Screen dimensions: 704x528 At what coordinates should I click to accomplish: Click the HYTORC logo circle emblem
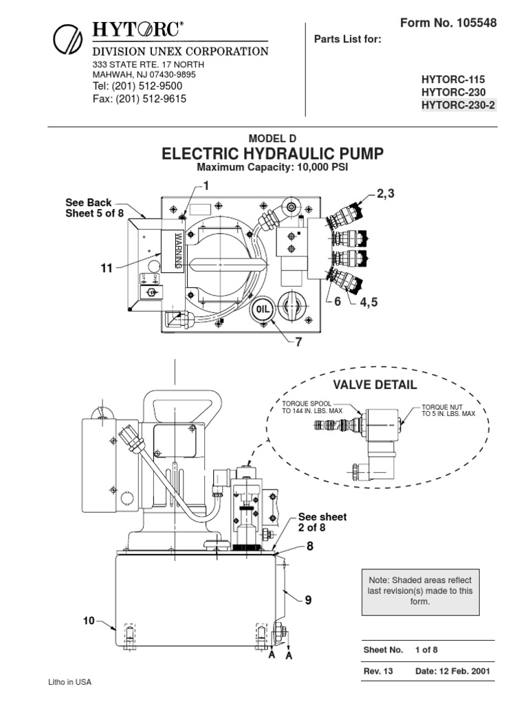[x=67, y=39]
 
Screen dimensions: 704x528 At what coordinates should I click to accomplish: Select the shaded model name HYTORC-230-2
[x=458, y=105]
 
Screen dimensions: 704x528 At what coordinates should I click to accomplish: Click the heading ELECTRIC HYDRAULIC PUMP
[x=273, y=153]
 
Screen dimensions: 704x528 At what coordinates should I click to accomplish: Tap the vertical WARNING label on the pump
[x=177, y=251]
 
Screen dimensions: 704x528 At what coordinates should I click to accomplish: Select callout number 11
[x=107, y=268]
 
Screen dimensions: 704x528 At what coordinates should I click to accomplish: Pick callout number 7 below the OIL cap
[x=298, y=342]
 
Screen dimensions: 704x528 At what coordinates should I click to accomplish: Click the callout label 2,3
[x=386, y=195]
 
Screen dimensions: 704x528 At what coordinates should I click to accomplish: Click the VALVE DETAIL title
[x=375, y=384]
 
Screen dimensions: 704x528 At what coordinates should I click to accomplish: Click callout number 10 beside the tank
[x=89, y=620]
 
